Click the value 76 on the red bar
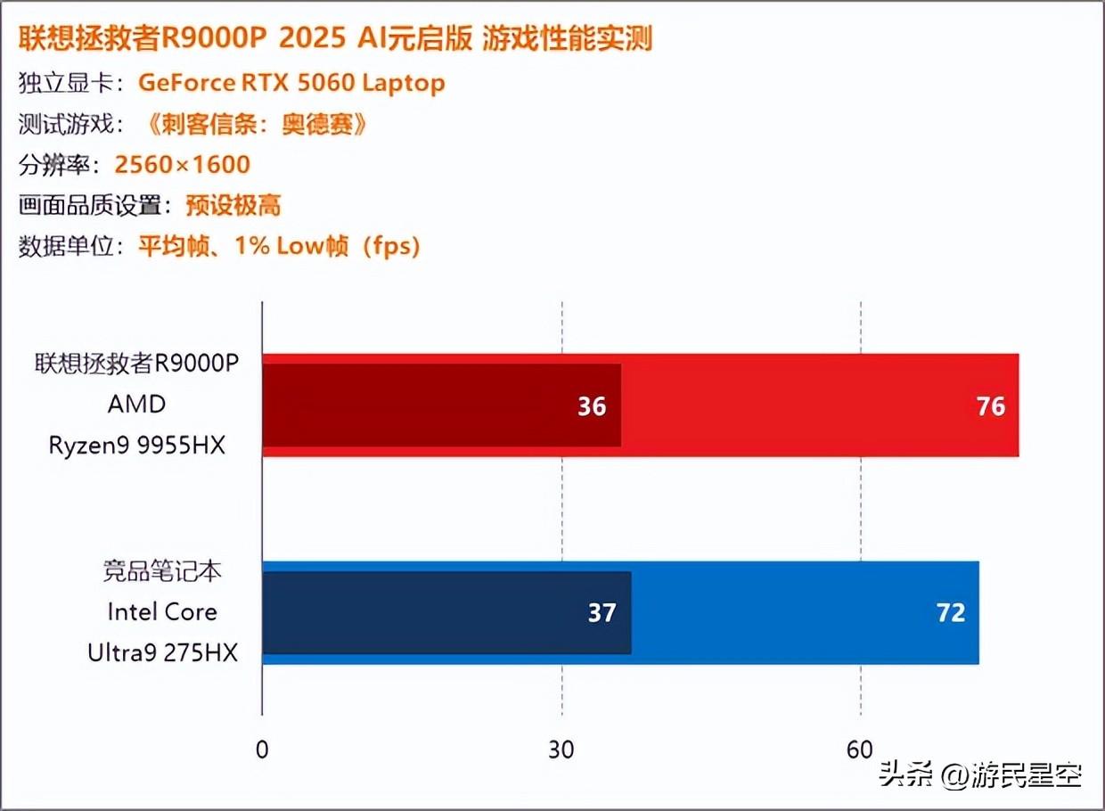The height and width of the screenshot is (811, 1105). pyautogui.click(x=991, y=406)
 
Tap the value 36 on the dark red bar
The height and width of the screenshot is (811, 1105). pyautogui.click(x=592, y=406)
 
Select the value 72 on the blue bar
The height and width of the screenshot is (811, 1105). pyautogui.click(x=951, y=613)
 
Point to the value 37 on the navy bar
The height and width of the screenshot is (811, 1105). pyautogui.click(x=602, y=613)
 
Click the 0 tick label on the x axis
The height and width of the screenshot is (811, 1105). pyautogui.click(x=261, y=750)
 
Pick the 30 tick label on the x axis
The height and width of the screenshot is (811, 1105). pyautogui.click(x=561, y=750)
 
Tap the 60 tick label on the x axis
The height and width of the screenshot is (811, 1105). pyautogui.click(x=860, y=750)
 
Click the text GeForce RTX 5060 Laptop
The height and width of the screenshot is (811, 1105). pyautogui.click(x=291, y=83)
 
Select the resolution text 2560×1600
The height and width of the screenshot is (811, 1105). pyautogui.click(x=183, y=164)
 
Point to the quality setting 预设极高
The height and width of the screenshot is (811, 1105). pyautogui.click(x=233, y=206)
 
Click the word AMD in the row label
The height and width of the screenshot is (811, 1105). pyautogui.click(x=137, y=404)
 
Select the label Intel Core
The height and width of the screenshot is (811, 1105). pyautogui.click(x=162, y=612)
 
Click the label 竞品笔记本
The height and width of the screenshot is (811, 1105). pyautogui.click(x=162, y=571)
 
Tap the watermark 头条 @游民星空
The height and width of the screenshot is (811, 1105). pyautogui.click(x=980, y=774)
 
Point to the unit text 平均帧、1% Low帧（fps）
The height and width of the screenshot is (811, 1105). pyautogui.click(x=279, y=247)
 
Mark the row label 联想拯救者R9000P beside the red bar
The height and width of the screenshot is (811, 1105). pyautogui.click(x=138, y=364)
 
